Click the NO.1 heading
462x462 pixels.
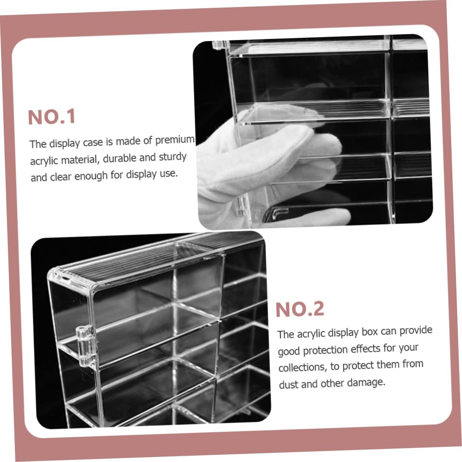[x=52, y=117]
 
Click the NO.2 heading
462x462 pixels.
[x=300, y=309]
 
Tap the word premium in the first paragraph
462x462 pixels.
[x=175, y=140]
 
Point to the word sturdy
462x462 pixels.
[x=173, y=157]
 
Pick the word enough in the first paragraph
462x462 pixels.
[x=91, y=176]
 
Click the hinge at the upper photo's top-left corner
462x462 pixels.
[x=220, y=45]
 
